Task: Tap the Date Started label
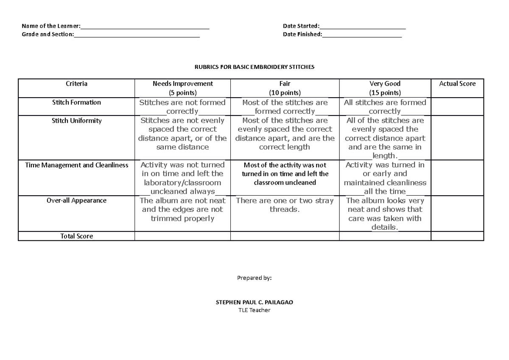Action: (301, 26)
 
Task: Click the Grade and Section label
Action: (48, 34)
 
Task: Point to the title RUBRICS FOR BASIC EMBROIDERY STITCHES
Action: (254, 67)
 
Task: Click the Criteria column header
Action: (76, 84)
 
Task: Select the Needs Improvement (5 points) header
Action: (182, 88)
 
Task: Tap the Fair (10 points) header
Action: (285, 88)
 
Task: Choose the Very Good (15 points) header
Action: (385, 88)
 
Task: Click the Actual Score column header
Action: (457, 84)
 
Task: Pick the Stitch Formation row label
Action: (76, 102)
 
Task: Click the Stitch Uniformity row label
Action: (76, 121)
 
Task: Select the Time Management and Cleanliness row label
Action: (76, 165)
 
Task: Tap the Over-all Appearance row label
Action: (76, 200)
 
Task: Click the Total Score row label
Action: (76, 236)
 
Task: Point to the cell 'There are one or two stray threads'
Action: (285, 205)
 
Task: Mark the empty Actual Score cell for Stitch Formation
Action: (457, 107)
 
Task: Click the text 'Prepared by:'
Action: (254, 278)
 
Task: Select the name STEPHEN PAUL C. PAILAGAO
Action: (254, 302)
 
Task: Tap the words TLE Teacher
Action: (254, 310)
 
